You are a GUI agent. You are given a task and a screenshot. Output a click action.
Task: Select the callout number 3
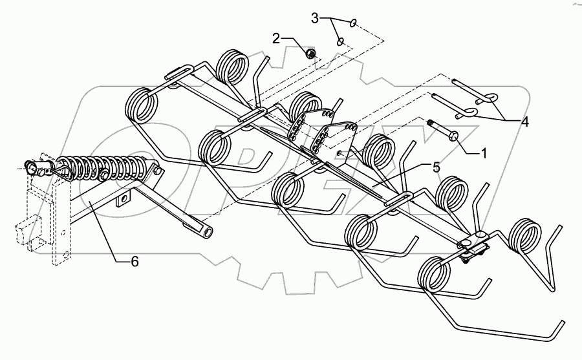click(x=316, y=17)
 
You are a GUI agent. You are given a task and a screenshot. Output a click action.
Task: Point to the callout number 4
click(x=525, y=121)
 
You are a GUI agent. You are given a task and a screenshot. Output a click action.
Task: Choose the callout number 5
click(x=436, y=167)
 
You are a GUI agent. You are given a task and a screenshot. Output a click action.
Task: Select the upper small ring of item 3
click(x=352, y=24)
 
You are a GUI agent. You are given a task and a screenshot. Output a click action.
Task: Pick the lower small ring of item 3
click(x=340, y=42)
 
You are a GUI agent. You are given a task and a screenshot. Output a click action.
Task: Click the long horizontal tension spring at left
click(x=103, y=170)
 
